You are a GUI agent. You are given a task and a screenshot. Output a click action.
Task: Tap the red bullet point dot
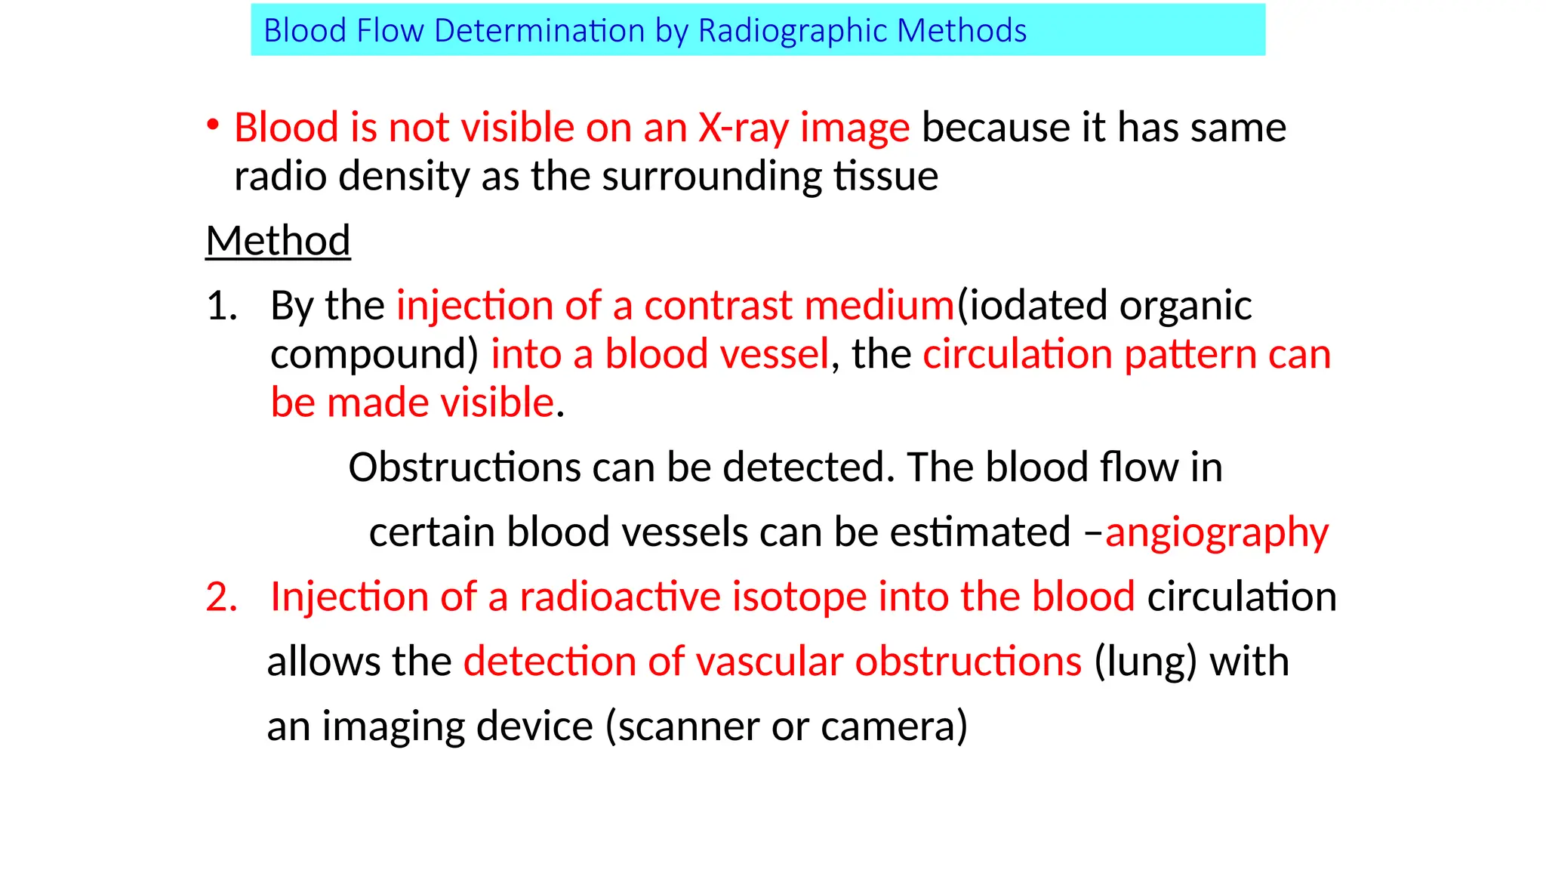214,124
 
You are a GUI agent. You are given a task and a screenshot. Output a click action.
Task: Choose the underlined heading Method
278,241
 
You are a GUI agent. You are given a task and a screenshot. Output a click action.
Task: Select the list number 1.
220,306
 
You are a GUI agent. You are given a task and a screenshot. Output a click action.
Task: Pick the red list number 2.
220,597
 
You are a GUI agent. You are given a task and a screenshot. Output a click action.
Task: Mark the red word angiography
1216,532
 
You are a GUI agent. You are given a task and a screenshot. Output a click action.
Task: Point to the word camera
893,727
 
